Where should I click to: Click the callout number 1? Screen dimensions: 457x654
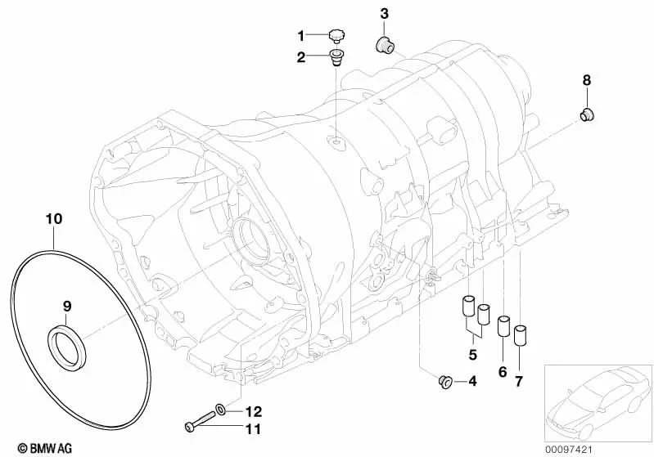[301, 35]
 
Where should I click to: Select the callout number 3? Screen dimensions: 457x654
[385, 13]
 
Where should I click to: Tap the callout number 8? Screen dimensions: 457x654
[586, 80]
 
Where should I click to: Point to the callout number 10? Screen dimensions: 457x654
[53, 219]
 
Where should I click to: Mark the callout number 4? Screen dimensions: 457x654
[471, 381]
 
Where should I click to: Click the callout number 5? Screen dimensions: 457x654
[472, 355]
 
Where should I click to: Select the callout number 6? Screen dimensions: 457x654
[503, 372]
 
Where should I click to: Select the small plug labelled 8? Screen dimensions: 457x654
[587, 114]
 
